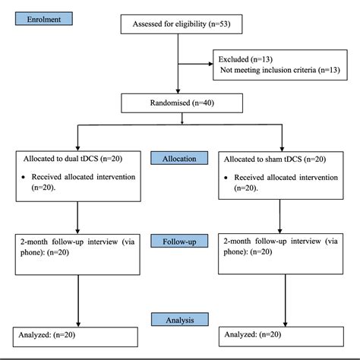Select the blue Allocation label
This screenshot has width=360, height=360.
coord(180,158)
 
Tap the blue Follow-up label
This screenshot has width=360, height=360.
coord(179,241)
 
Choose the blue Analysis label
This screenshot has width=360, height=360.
coord(179,321)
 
